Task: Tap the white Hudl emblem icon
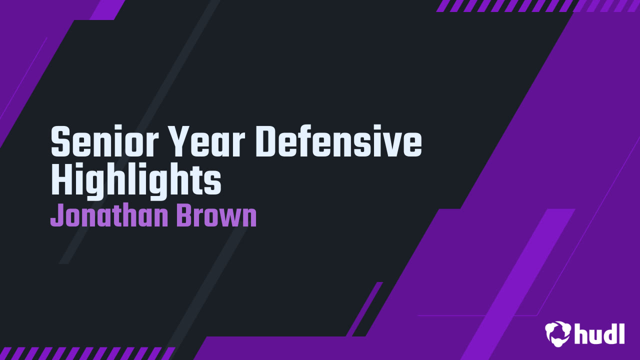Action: pyautogui.click(x=557, y=333)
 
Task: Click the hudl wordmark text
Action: pyautogui.click(x=599, y=333)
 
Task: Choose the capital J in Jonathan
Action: pyautogui.click(x=56, y=216)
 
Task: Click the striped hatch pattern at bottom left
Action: pyautogui.click(x=85, y=353)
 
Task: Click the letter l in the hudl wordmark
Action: pyautogui.click(x=621, y=332)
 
